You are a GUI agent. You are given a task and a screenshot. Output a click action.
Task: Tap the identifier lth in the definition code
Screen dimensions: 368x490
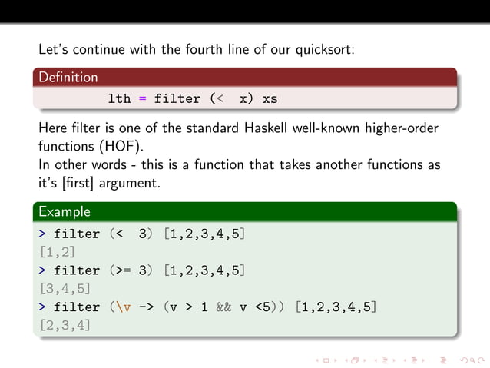tap(120, 99)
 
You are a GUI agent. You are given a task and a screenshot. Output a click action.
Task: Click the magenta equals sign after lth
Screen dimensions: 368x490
tap(142, 99)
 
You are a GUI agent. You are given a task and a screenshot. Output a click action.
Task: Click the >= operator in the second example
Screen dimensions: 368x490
tap(124, 270)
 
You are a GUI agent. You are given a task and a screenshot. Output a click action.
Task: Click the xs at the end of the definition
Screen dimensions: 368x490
tap(270, 99)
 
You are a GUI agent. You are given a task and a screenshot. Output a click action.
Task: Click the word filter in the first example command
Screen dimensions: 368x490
tap(76, 234)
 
